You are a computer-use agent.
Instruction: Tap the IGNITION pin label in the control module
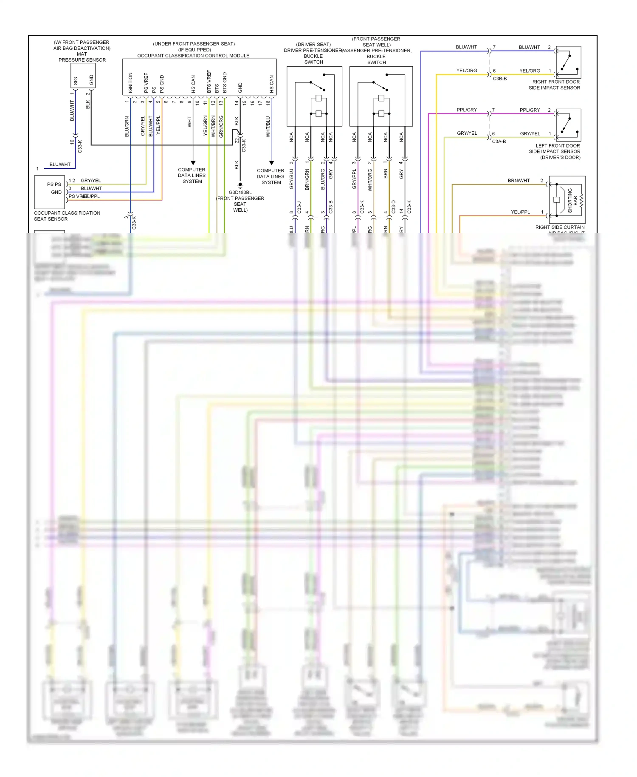130,82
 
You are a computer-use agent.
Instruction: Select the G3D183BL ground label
240,193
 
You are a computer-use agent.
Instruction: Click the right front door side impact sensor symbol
568,62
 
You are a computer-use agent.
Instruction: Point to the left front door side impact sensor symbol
568,125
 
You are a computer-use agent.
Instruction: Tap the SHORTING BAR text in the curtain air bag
573,200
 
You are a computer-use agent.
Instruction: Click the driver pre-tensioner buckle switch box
314,96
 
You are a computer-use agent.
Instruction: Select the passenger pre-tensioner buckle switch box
381,96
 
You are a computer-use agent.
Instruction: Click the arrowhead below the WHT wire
193,163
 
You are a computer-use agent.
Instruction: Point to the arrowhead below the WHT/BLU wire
272,163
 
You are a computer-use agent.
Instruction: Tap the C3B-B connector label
500,79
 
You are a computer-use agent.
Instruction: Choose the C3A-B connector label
499,142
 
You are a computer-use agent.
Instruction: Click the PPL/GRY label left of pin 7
467,110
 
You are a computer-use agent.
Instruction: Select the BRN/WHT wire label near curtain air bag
519,181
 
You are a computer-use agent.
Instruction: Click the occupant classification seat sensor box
50,192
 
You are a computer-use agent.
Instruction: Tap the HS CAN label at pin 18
272,84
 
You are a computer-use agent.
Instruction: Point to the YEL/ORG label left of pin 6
467,71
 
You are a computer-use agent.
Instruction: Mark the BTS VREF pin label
209,82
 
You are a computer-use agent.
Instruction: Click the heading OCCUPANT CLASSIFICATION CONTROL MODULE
193,56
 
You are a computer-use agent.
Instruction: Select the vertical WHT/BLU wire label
268,127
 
